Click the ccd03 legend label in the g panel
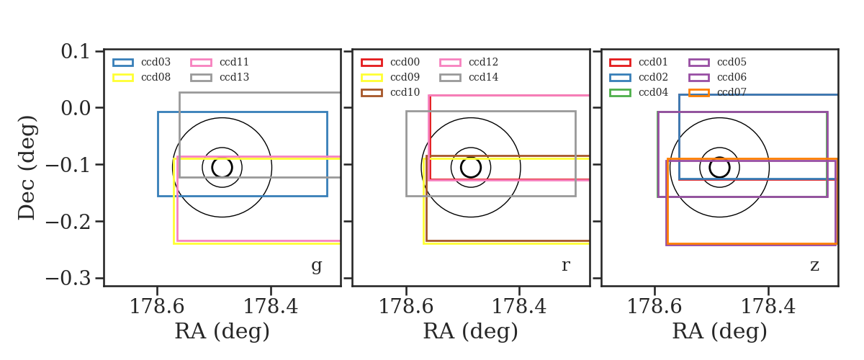[156, 62]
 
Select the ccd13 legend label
[234, 77]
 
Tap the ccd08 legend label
[156, 77]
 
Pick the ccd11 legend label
[234, 62]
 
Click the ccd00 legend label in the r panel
[405, 62]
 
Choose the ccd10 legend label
[405, 92]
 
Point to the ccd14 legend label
[483, 77]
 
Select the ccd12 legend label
[483, 62]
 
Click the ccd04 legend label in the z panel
[653, 92]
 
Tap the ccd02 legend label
[653, 77]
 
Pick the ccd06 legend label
[732, 77]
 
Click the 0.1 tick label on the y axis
[75, 51]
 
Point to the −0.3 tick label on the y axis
[68, 278]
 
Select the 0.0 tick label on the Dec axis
[75, 108]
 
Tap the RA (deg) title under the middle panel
[471, 331]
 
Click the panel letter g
[316, 266]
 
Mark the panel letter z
[814, 266]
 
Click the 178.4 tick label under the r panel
[519, 307]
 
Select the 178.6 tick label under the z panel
[654, 307]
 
